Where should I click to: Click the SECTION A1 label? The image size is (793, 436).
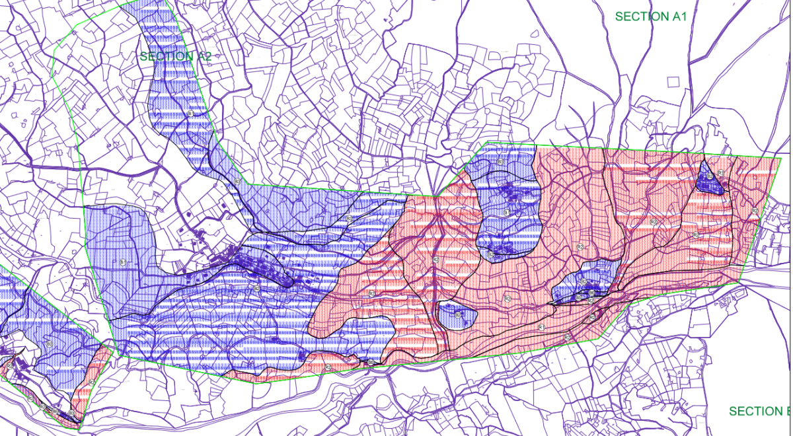tap(651, 17)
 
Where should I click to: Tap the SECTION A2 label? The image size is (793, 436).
tap(175, 57)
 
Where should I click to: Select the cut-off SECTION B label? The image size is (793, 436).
tap(759, 412)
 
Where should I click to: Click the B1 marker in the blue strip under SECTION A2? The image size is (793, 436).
tap(190, 114)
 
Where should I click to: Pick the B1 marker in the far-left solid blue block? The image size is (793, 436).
tap(123, 263)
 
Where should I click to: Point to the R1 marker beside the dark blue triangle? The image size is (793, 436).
tap(720, 172)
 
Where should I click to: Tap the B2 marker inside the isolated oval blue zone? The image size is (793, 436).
tap(457, 314)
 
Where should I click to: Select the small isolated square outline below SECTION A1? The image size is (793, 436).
tap(673, 81)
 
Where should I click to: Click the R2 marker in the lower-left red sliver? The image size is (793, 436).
tap(91, 382)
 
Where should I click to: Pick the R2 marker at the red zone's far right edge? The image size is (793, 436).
tap(755, 211)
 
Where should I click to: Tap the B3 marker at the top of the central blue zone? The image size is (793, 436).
tap(500, 162)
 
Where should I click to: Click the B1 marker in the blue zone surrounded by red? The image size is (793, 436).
tap(506, 213)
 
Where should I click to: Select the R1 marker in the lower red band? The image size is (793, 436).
tap(541, 327)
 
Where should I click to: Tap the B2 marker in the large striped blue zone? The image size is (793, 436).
tap(256, 289)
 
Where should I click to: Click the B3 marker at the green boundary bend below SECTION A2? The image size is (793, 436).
tap(237, 180)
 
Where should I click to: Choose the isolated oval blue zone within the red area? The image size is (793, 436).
tap(457, 314)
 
